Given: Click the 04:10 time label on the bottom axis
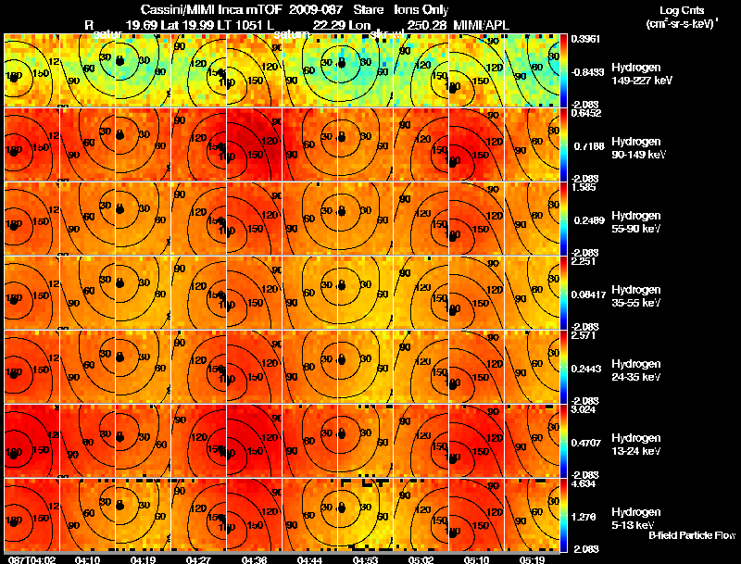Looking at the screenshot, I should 87,559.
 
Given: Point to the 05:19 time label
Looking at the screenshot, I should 532,559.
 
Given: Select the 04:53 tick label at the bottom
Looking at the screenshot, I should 365,559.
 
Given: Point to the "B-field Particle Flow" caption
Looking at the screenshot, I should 691,535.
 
